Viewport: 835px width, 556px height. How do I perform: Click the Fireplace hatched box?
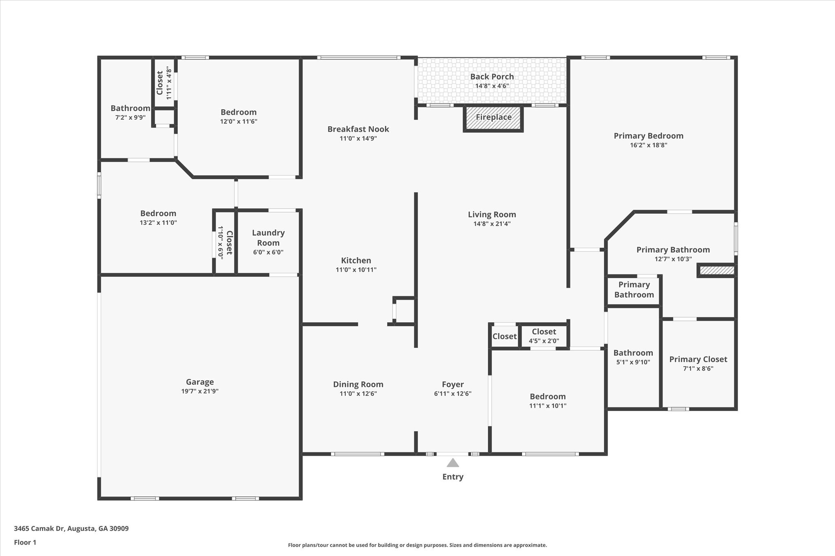(493, 118)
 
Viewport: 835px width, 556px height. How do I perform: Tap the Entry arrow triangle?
(453, 463)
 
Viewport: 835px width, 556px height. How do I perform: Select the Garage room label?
(200, 382)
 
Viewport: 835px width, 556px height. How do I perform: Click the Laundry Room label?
(268, 238)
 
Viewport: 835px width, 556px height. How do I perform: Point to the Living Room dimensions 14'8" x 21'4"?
(492, 224)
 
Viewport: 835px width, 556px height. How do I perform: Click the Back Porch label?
(492, 77)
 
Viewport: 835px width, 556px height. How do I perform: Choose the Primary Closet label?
(698, 359)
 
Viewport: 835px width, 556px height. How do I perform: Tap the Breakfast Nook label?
(358, 129)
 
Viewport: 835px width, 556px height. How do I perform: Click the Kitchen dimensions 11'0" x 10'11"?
(356, 270)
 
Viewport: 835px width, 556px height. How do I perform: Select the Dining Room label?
(358, 385)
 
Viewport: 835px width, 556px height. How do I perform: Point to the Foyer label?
(453, 385)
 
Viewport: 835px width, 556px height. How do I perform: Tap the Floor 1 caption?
(25, 542)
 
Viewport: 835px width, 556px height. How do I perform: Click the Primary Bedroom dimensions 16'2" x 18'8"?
(648, 145)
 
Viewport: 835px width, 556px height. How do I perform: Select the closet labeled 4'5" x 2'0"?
(544, 336)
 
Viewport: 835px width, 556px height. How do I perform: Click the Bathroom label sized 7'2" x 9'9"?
(130, 108)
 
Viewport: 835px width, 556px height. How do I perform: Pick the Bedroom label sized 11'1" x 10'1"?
(548, 397)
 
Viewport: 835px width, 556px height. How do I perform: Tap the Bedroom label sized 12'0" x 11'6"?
(239, 112)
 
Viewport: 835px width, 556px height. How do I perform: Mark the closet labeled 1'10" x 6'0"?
(225, 242)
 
